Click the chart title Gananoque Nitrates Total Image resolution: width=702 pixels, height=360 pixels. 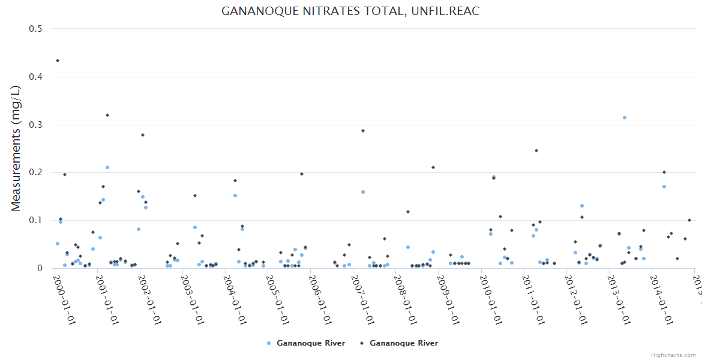350,11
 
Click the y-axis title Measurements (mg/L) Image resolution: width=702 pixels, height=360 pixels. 16,148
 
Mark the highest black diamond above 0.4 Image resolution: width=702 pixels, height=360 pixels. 58,61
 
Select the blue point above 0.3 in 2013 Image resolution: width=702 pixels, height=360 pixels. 625,118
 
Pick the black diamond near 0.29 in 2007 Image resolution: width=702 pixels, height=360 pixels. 363,131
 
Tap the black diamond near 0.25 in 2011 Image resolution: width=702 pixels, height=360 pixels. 536,151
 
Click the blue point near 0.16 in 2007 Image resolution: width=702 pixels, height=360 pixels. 363,192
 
